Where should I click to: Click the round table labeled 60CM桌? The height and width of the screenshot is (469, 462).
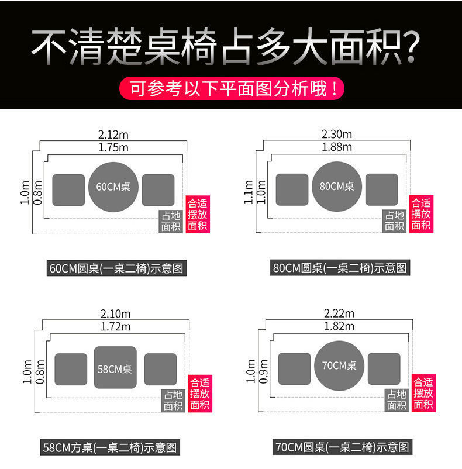pyautogui.click(x=113, y=187)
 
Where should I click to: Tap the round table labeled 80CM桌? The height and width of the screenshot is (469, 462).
pyautogui.click(x=337, y=187)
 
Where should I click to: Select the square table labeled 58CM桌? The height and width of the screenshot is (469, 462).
pyautogui.click(x=115, y=368)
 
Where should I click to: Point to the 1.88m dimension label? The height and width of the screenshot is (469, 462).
pyautogui.click(x=337, y=147)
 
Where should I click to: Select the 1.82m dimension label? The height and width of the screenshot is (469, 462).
pyautogui.click(x=339, y=326)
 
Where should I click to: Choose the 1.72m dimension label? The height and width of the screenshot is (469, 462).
pyautogui.click(x=115, y=326)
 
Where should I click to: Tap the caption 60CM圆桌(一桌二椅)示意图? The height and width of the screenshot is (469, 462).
pyautogui.click(x=116, y=268)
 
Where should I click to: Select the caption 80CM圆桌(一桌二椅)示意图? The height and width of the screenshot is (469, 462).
pyautogui.click(x=340, y=268)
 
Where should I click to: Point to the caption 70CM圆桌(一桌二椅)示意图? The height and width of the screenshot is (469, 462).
pyautogui.click(x=342, y=448)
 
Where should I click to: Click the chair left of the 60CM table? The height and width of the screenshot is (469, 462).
pyautogui.click(x=69, y=190)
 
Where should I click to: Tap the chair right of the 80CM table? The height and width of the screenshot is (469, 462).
pyautogui.click(x=381, y=189)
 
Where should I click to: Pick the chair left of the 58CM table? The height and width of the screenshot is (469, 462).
pyautogui.click(x=71, y=370)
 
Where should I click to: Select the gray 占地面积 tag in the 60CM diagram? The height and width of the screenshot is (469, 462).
pyautogui.click(x=171, y=221)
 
